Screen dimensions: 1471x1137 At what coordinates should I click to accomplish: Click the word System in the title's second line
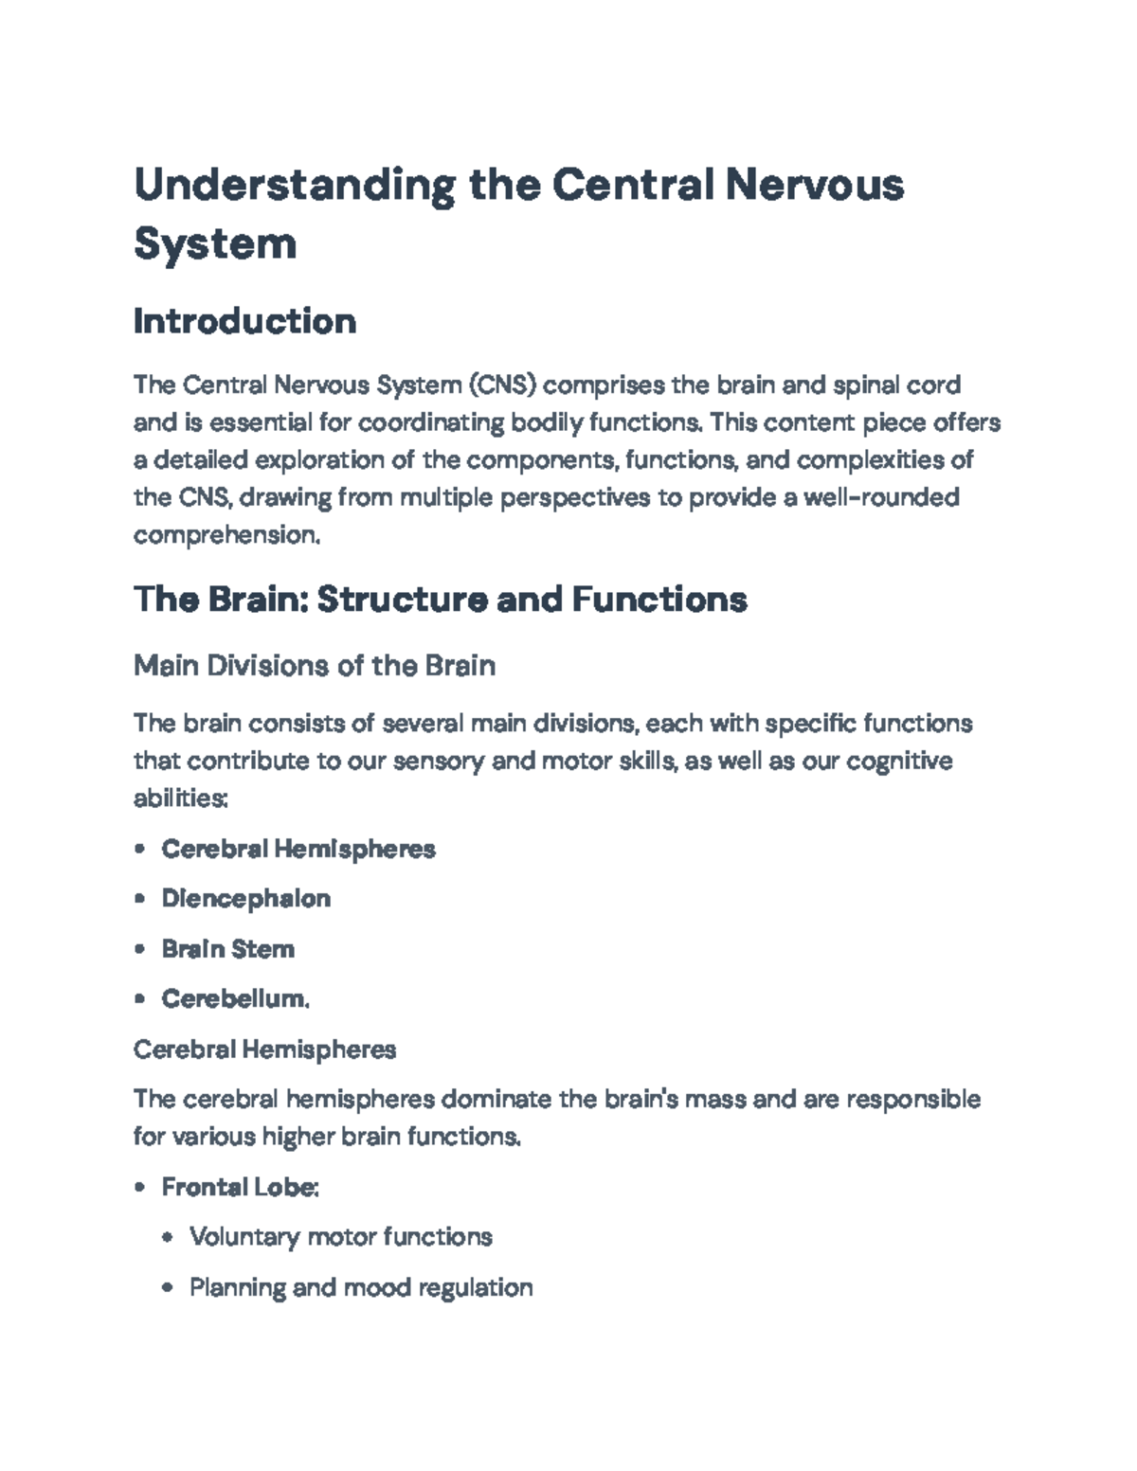[x=215, y=243]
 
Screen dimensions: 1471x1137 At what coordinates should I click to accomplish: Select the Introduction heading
[x=244, y=321]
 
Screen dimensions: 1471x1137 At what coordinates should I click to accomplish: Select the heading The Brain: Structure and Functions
[x=441, y=599]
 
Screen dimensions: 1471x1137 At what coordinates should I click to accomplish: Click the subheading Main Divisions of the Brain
[x=315, y=666]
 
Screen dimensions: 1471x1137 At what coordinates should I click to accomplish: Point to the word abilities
[x=180, y=798]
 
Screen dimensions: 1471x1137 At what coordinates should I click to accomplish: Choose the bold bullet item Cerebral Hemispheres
[x=298, y=849]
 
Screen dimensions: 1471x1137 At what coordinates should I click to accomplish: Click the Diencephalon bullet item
[x=246, y=899]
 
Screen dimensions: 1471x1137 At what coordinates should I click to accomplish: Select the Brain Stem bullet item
[x=228, y=949]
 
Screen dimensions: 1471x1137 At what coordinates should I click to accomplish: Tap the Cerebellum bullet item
[x=235, y=999]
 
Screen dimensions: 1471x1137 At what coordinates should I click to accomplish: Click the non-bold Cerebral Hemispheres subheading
[x=264, y=1049]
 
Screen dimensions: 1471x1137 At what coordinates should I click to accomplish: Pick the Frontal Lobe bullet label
[x=240, y=1187]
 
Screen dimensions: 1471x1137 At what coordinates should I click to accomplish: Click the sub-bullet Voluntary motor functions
[x=341, y=1237]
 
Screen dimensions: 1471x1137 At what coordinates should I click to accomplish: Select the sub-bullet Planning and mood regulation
[x=361, y=1287]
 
